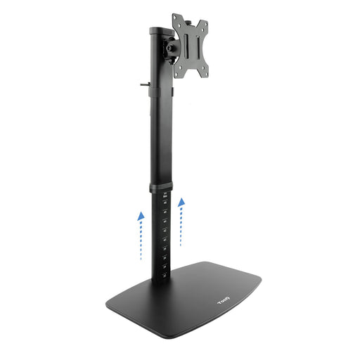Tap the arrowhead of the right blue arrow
(181, 202)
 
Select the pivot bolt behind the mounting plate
(171, 47)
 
